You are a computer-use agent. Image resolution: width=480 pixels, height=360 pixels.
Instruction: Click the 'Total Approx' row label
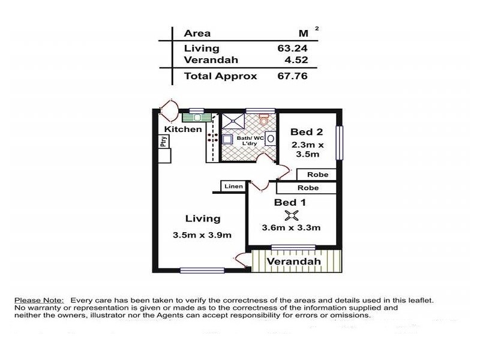point(220,76)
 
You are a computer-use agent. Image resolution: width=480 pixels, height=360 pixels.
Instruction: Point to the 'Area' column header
point(197,34)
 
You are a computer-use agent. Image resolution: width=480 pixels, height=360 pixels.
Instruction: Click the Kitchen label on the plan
point(183,129)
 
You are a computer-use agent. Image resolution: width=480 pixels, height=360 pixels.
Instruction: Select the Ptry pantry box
point(163,142)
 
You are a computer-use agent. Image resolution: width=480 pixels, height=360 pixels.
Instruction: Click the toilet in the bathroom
point(264,121)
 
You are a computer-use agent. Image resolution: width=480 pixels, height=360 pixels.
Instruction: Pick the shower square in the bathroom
point(233,120)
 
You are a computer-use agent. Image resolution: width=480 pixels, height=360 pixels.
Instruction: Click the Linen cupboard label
point(233,187)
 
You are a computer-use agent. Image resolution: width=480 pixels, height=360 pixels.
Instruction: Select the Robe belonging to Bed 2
point(317,175)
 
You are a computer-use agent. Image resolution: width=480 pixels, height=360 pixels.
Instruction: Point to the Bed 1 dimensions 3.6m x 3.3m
point(291,227)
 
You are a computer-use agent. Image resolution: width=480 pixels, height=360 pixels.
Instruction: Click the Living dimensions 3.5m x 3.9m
point(202,235)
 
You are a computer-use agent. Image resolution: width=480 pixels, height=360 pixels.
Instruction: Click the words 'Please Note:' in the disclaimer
point(38,300)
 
